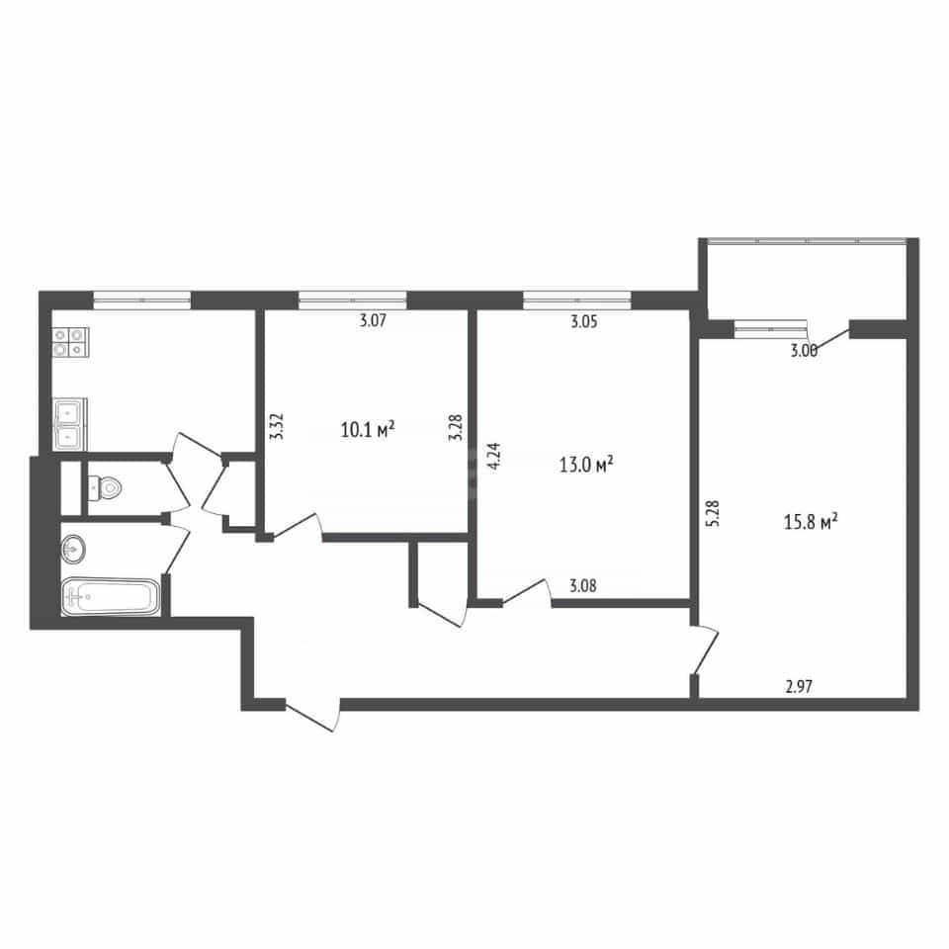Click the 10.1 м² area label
[x=368, y=430]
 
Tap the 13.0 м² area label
[x=586, y=465]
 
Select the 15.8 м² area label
[x=811, y=521]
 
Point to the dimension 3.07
[x=373, y=320]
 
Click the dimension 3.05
[x=584, y=321]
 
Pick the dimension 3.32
[x=276, y=426]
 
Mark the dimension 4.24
[x=494, y=457]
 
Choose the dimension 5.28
[x=713, y=513]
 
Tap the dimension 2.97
[x=799, y=686]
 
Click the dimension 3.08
[x=583, y=585]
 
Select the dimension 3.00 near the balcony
[x=804, y=350]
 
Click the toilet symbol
[x=106, y=486]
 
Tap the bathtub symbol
[x=111, y=597]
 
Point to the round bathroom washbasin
[x=73, y=549]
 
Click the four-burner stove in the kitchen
[x=71, y=342]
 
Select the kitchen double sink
[x=70, y=424]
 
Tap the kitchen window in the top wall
[x=142, y=300]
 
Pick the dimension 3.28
[x=456, y=427]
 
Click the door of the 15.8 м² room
[x=705, y=649]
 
